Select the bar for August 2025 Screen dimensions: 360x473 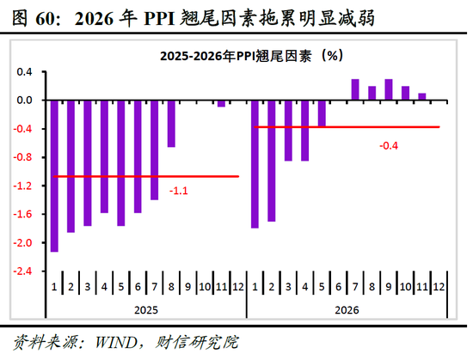pyautogui.click(x=171, y=124)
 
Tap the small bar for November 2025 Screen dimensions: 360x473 pyautogui.click(x=221, y=103)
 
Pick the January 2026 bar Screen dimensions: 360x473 pyautogui.click(x=255, y=164)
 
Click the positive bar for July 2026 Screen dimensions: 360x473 pyautogui.click(x=354, y=89)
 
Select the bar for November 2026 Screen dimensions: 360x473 pyautogui.click(x=421, y=96)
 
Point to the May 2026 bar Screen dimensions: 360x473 pyautogui.click(x=322, y=113)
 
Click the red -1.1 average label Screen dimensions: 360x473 pyautogui.click(x=180, y=190)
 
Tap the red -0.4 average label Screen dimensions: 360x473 pyautogui.click(x=389, y=145)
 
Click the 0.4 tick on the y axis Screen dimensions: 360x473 pyautogui.click(x=25, y=71)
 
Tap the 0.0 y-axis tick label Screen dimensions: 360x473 pyautogui.click(x=25, y=101)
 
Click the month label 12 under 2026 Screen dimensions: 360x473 pyautogui.click(x=438, y=285)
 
